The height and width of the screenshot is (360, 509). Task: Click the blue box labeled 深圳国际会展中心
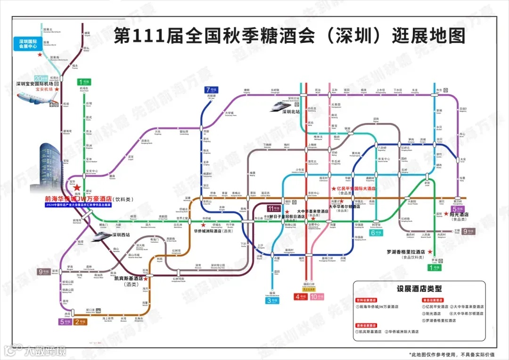(27, 44)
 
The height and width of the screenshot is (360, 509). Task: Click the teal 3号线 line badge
(273, 300)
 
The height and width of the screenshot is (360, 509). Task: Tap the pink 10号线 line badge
(317, 297)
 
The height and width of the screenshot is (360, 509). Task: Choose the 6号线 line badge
(376, 232)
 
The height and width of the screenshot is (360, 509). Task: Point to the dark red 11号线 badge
(273, 208)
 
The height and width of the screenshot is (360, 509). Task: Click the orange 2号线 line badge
(80, 322)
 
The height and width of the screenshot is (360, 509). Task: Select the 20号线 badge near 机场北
(41, 79)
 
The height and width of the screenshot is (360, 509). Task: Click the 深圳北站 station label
(291, 112)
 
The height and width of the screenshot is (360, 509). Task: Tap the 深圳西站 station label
(123, 235)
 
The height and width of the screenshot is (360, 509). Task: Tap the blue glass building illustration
(50, 165)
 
